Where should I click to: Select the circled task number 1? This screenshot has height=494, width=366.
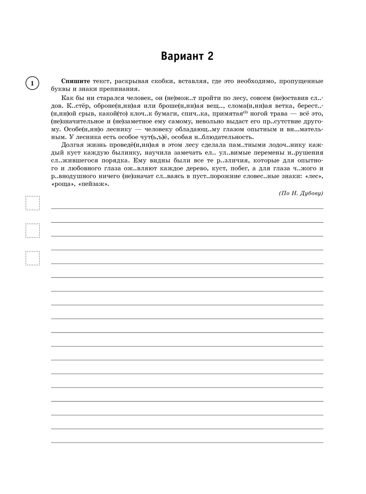(32, 83)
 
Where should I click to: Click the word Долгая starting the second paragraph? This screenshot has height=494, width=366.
(74, 145)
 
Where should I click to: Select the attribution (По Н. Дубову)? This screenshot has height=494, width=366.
(300, 193)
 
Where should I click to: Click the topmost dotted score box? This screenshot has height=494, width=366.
(33, 203)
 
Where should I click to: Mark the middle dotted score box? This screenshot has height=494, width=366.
(33, 231)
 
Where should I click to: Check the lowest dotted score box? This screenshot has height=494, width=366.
(33, 258)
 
